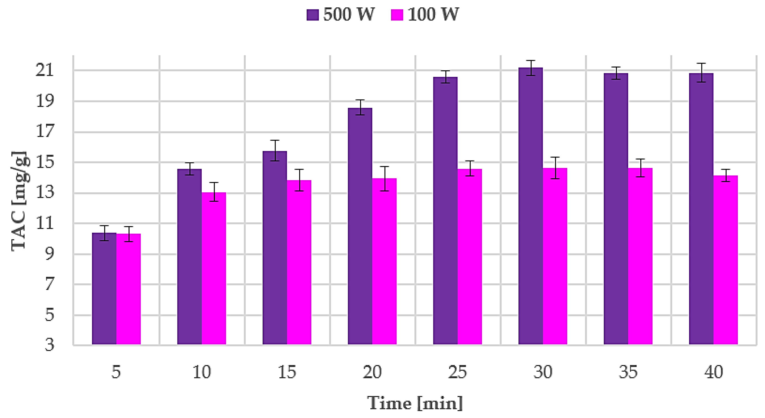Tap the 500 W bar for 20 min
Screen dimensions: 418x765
pos(360,226)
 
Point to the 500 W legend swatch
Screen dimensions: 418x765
pos(312,14)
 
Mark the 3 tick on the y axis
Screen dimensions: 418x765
pos(50,345)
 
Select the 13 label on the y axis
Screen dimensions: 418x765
pos(45,192)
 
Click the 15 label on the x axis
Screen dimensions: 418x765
pos(287,372)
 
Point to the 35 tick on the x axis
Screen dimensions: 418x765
pos(628,372)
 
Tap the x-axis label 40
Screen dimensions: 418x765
pos(713,372)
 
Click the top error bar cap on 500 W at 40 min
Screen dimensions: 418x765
pos(701,63)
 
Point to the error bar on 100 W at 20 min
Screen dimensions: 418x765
pos(384,178)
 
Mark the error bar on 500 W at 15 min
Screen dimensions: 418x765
pos(275,150)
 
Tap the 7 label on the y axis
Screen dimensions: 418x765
pos(50,284)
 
